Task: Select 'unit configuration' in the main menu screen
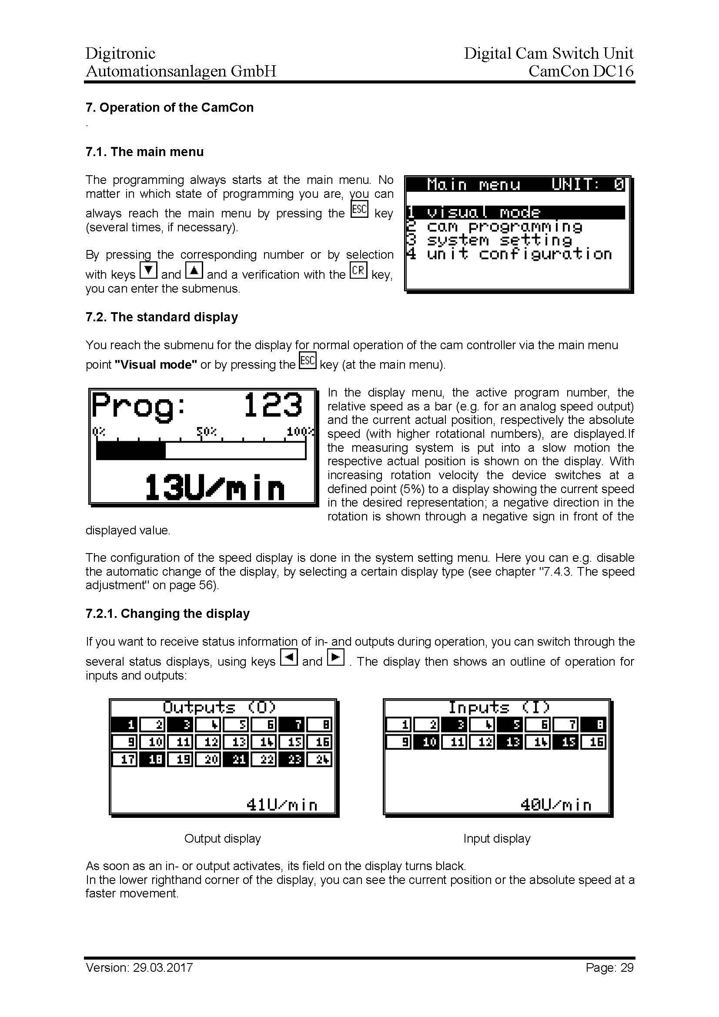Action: (509, 254)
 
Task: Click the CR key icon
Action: (358, 270)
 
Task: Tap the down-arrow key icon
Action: (148, 270)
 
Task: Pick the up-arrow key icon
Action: (194, 270)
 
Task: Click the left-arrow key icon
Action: (289, 657)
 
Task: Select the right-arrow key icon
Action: (335, 657)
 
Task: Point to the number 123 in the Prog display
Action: (272, 405)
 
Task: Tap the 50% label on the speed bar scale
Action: (207, 431)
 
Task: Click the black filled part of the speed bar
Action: (130, 450)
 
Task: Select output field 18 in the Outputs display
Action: (153, 760)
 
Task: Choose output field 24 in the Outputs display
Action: (319, 760)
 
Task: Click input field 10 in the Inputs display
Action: (426, 742)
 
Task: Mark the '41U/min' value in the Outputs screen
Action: (282, 804)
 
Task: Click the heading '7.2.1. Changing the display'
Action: (167, 614)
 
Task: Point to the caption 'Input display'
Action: (497, 838)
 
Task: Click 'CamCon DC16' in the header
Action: (581, 71)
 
